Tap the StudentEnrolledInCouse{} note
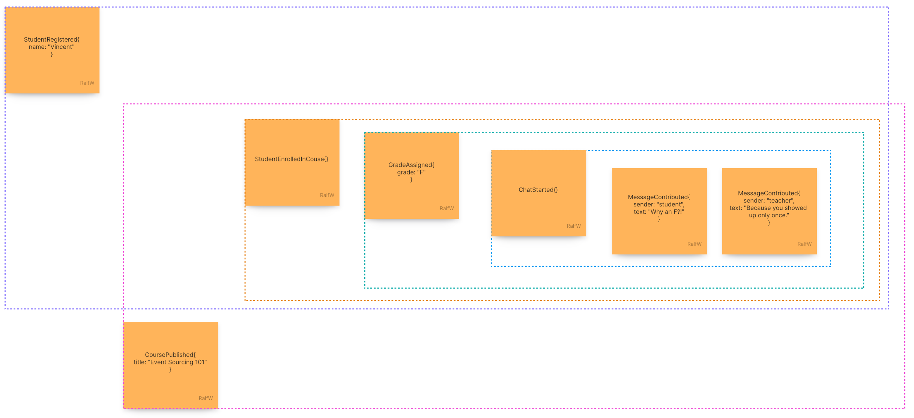(292, 176)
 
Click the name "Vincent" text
(52, 47)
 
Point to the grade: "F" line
(411, 172)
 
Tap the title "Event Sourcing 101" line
(170, 362)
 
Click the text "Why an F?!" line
(659, 212)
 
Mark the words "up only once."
(769, 215)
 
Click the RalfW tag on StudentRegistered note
(87, 83)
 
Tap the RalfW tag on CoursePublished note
(206, 398)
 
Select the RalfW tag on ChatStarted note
(574, 226)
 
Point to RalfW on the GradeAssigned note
(446, 208)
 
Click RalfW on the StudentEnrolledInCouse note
(327, 195)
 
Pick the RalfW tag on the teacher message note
(804, 244)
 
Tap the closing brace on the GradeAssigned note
(411, 180)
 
